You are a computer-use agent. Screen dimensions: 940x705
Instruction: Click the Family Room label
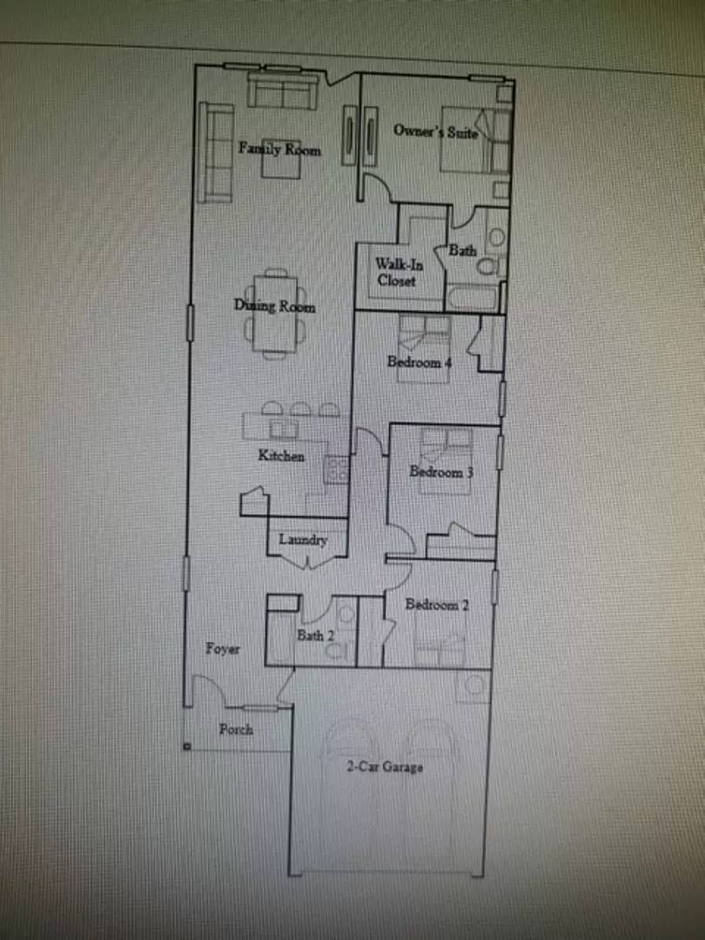(279, 150)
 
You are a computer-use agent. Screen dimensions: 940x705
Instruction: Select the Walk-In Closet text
(396, 272)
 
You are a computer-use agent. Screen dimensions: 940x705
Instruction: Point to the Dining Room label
(274, 306)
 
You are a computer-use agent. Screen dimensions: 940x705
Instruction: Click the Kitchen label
(281, 456)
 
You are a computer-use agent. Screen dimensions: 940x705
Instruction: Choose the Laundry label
(303, 540)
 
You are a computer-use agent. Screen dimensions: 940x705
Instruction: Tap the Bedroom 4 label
(420, 363)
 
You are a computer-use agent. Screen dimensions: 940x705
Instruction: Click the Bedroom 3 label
(442, 473)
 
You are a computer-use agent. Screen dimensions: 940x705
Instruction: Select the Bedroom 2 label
(437, 605)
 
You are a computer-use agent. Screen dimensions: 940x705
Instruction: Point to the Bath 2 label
(315, 635)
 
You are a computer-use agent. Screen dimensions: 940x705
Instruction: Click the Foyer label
(223, 648)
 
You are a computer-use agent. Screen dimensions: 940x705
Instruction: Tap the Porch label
(235, 729)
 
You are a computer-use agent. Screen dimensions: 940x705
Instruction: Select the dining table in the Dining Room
(274, 318)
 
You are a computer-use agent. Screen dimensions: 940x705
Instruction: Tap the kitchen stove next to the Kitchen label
(337, 471)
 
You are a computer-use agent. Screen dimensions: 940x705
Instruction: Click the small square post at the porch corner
(187, 746)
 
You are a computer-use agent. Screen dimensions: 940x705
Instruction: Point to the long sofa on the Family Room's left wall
(214, 152)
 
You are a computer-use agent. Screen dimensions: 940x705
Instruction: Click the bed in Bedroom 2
(440, 648)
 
